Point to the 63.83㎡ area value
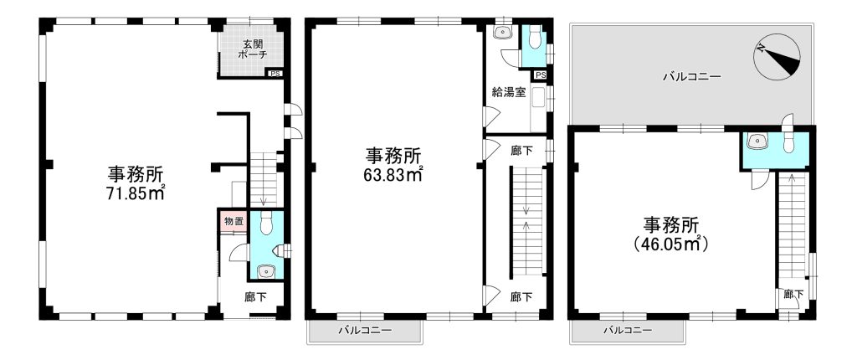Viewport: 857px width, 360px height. click(393, 174)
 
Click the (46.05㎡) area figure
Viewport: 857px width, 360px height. click(670, 244)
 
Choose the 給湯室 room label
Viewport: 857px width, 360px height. click(509, 92)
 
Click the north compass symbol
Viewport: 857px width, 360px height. click(777, 57)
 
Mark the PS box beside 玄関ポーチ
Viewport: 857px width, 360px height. click(275, 74)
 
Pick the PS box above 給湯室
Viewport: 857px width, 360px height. click(540, 75)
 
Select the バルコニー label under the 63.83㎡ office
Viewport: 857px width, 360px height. click(365, 331)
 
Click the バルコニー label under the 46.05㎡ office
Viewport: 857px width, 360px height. click(627, 331)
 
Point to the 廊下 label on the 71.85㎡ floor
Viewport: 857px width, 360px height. click(256, 297)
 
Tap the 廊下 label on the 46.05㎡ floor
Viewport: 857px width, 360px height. click(793, 295)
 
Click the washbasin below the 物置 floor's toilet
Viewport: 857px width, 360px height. click(266, 270)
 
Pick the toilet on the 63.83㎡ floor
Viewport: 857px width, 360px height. click(535, 37)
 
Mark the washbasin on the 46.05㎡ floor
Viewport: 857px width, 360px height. click(757, 141)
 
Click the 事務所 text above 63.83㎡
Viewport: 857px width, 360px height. click(393, 156)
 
